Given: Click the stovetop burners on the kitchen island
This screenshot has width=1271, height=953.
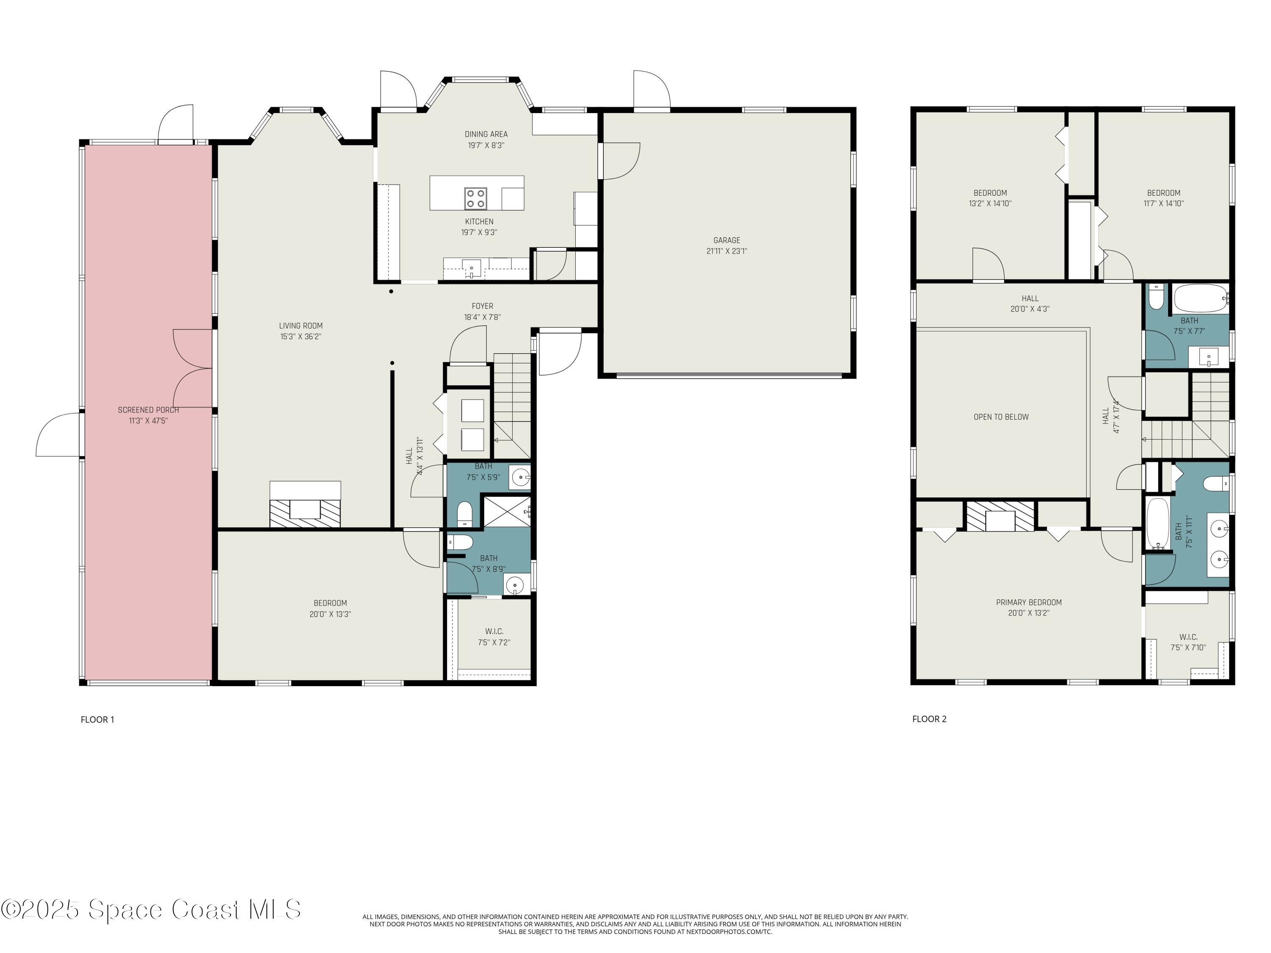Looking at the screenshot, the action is [x=476, y=198].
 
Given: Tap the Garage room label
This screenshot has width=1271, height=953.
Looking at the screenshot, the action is [x=727, y=240].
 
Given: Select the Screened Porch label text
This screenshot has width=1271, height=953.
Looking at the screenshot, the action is [x=148, y=410].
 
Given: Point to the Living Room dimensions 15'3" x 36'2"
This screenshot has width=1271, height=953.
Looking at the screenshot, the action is [x=300, y=337].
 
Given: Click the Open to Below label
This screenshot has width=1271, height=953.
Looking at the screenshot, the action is [x=1001, y=417].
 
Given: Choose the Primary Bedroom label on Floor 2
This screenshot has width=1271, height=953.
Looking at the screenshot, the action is [x=1029, y=603].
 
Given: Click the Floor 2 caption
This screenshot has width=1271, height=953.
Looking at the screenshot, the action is [x=929, y=719].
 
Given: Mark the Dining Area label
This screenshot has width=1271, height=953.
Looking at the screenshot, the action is [x=486, y=134].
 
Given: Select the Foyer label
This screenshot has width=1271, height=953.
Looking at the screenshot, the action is [x=483, y=306].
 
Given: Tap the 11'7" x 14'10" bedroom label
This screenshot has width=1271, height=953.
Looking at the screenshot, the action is [x=1163, y=198].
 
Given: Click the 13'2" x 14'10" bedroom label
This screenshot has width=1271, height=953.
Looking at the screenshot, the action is [x=990, y=198].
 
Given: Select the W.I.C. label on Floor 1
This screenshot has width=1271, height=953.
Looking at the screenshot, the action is [x=494, y=632].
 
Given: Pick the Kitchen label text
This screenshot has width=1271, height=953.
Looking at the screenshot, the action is [x=479, y=222].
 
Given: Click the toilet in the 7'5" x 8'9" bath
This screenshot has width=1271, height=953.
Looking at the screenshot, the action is [x=460, y=542].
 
